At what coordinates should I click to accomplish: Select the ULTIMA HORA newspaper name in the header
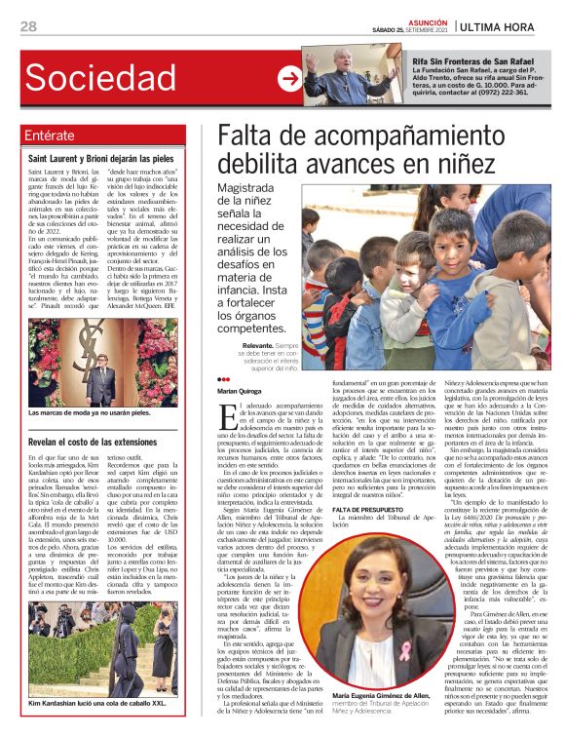(508, 25)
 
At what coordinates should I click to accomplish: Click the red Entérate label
(51, 136)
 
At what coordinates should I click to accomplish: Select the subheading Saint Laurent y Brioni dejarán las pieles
(101, 158)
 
